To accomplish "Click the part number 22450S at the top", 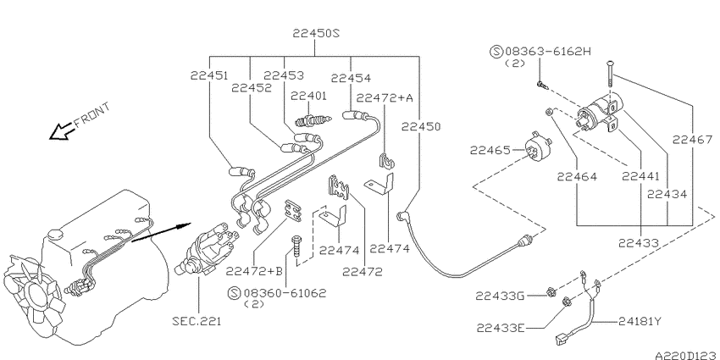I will (316, 33).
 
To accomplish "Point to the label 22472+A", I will (385, 97).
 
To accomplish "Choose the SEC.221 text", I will (197, 322).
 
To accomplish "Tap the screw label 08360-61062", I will (281, 292).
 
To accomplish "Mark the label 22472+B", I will (254, 271).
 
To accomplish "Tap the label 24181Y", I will (642, 322).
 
